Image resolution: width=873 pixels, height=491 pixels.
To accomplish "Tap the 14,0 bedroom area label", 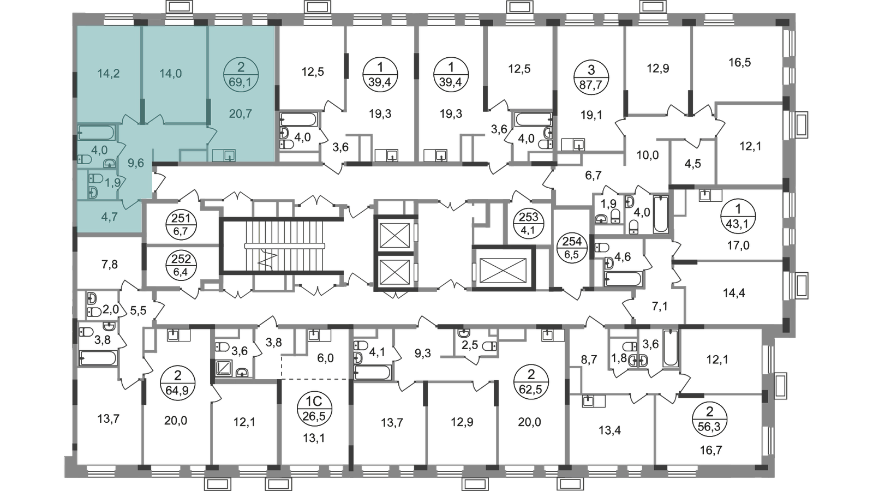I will click(x=170, y=74).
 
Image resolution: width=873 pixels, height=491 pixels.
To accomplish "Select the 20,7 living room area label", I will click(x=241, y=114).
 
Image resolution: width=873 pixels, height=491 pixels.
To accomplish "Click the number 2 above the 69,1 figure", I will click(x=241, y=68).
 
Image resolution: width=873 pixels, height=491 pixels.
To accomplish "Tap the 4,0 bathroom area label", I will click(x=99, y=149).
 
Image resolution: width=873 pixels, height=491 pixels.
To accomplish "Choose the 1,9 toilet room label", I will click(x=112, y=183).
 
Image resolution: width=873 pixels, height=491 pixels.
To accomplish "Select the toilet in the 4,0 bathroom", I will click(x=84, y=159).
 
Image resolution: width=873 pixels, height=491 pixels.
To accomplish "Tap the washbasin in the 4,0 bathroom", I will click(x=112, y=163).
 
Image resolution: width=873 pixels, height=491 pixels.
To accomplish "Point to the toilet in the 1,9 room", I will click(x=96, y=178).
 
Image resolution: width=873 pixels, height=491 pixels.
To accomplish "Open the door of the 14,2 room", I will click(x=130, y=120).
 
